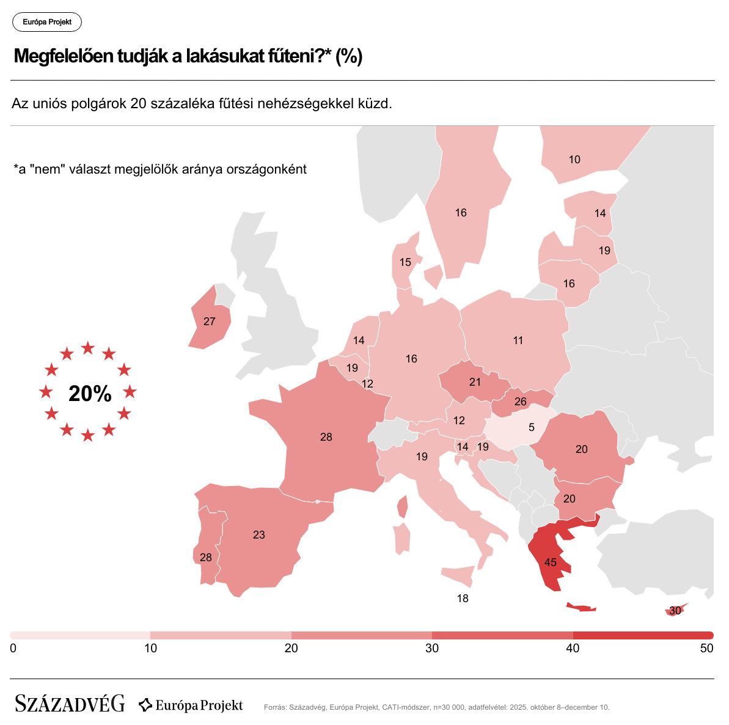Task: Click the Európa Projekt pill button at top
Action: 47,22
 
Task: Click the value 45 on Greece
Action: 550,562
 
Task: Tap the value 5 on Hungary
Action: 532,427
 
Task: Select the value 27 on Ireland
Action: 210,322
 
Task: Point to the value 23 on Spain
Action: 259,535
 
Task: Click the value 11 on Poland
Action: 518,340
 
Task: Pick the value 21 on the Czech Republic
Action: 475,382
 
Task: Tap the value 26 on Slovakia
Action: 521,402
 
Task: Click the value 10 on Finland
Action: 574,160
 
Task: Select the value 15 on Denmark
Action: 405,262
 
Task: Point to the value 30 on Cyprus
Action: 675,611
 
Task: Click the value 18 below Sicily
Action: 463,598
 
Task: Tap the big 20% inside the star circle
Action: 90,394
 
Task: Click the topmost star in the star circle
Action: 88,348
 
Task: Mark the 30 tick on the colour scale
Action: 432,648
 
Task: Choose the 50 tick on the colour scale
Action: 706,648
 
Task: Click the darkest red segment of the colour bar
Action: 643,635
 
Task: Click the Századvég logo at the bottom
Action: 70,704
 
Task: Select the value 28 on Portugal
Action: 206,558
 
